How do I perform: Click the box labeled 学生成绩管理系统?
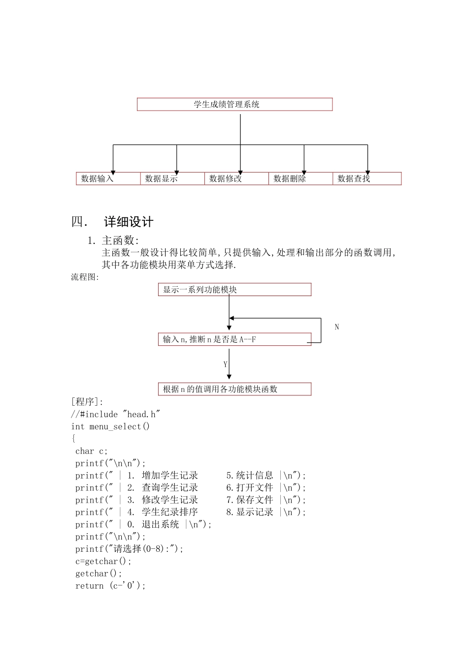234,104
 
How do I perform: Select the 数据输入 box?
108,179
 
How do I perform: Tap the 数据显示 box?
172,179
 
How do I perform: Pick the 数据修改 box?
236,179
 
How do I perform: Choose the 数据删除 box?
300,179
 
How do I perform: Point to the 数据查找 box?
367,179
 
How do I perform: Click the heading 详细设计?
128,222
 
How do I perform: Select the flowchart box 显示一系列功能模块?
234,290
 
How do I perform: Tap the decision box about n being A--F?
234,339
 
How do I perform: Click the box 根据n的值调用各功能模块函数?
234,389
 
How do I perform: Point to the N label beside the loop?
337,327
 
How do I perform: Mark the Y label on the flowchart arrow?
225,364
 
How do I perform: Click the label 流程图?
85,277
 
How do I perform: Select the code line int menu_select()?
110,426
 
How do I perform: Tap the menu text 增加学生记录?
170,476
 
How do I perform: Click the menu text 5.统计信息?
250,476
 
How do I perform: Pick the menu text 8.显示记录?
250,512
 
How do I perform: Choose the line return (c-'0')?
110,586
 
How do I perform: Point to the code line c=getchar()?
103,561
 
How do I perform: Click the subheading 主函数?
120,240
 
